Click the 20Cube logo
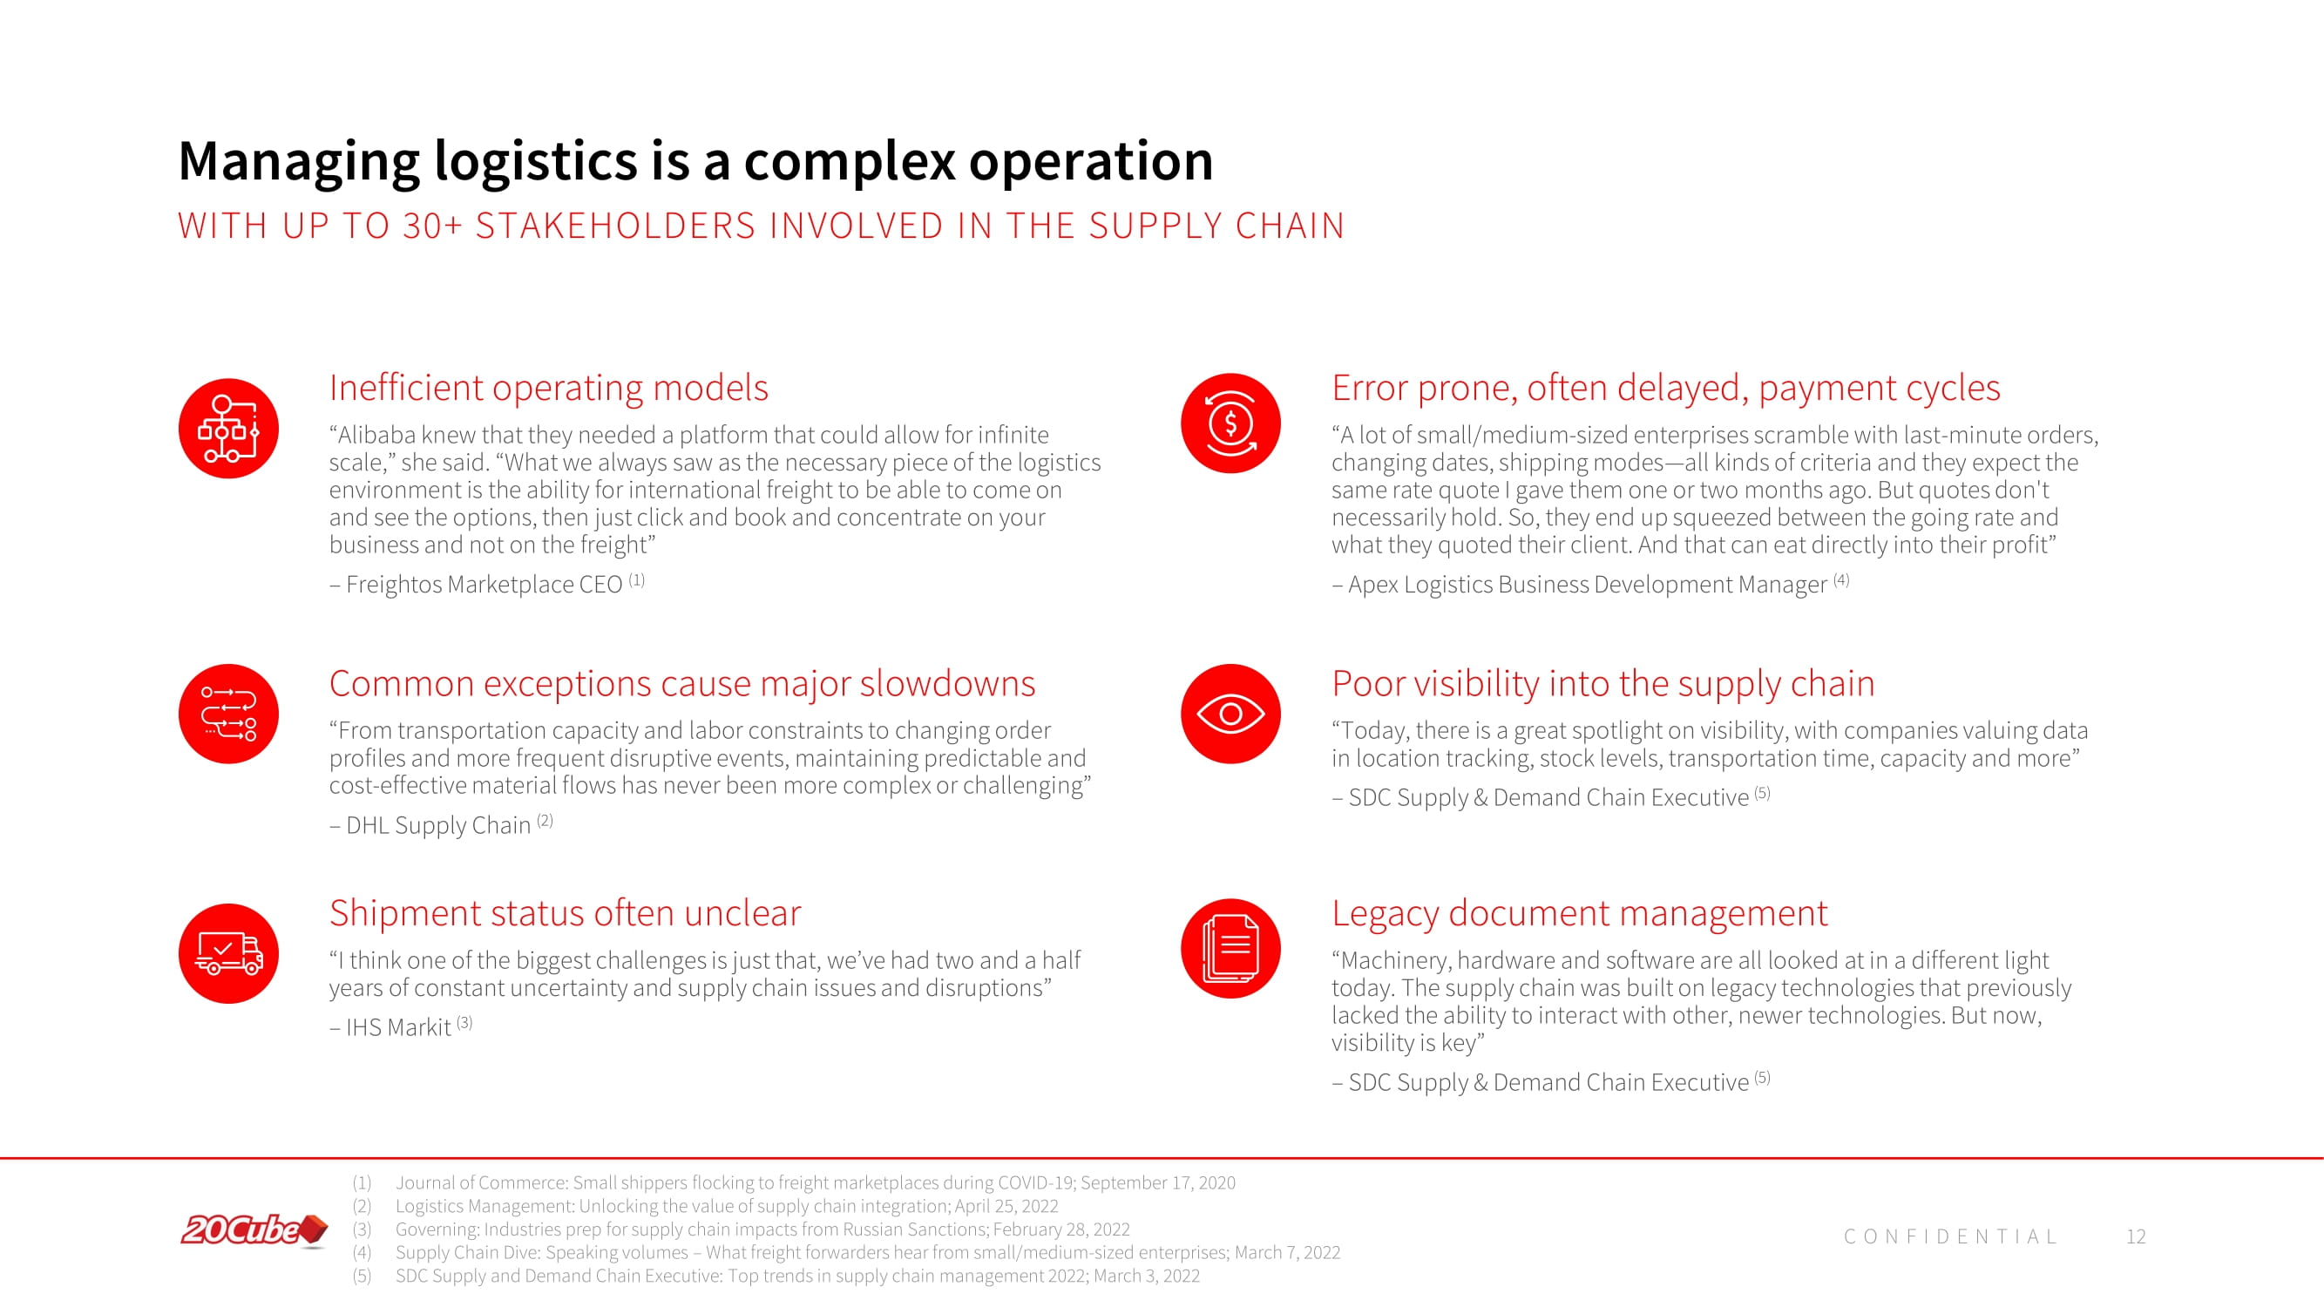254,1230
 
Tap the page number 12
2136,1236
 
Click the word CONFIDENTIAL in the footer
1950,1236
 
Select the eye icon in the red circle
1230,714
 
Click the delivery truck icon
228,953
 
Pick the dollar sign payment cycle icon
1230,423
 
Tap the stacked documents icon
1230,948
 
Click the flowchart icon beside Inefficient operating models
228,429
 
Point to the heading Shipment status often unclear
565,913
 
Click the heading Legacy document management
1580,913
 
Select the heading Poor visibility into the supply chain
1603,684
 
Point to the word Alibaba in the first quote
376,435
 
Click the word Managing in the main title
300,162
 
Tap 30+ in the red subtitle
433,226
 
